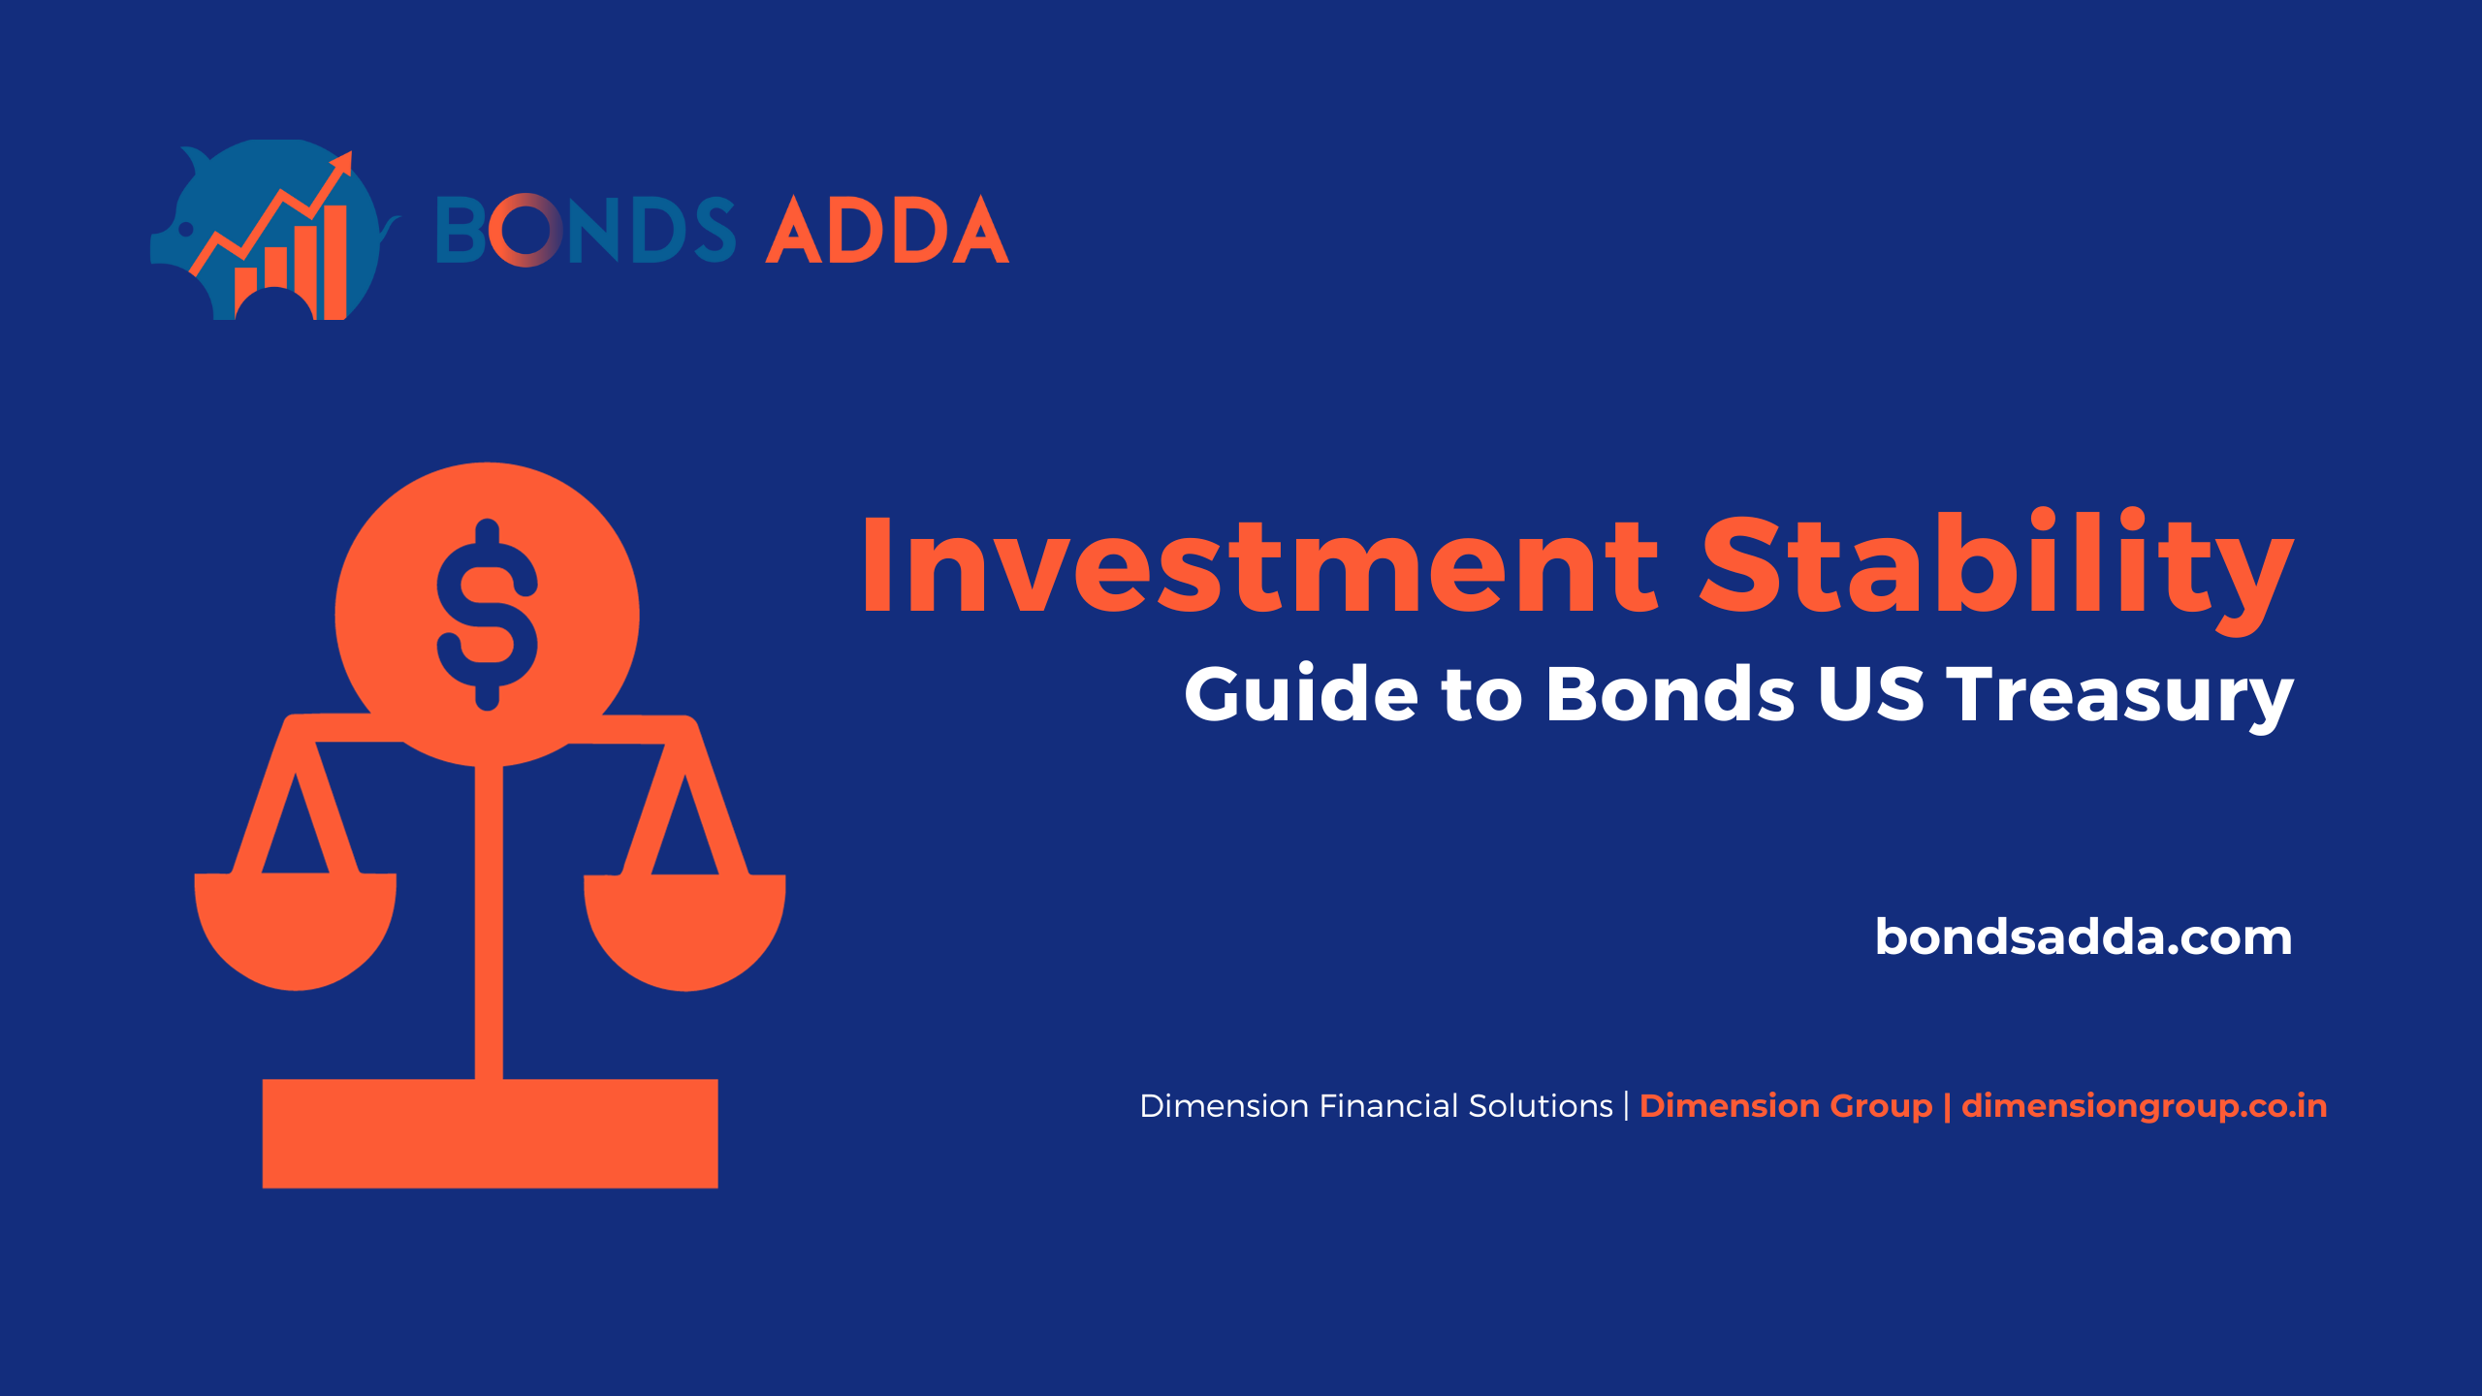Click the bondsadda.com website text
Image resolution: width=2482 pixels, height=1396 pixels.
2084,936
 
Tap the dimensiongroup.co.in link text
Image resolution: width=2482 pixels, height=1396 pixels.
2144,1106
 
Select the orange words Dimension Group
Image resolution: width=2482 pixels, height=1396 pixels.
1786,1106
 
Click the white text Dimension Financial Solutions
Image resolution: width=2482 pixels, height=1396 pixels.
1376,1106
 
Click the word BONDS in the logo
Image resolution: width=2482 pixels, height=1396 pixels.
586,230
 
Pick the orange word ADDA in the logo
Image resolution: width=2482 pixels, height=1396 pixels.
887,230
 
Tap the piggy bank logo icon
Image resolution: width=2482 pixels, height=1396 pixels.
274,230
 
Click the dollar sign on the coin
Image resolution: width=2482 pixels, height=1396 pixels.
487,615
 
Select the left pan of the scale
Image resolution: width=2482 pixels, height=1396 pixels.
296,931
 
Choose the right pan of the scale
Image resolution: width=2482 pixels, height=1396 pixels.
684,932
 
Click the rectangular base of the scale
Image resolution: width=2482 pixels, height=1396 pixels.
490,1133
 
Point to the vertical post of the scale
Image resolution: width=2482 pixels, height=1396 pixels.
489,921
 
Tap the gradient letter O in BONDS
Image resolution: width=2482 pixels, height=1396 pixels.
525,230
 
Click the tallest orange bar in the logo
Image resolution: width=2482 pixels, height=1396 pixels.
334,262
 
